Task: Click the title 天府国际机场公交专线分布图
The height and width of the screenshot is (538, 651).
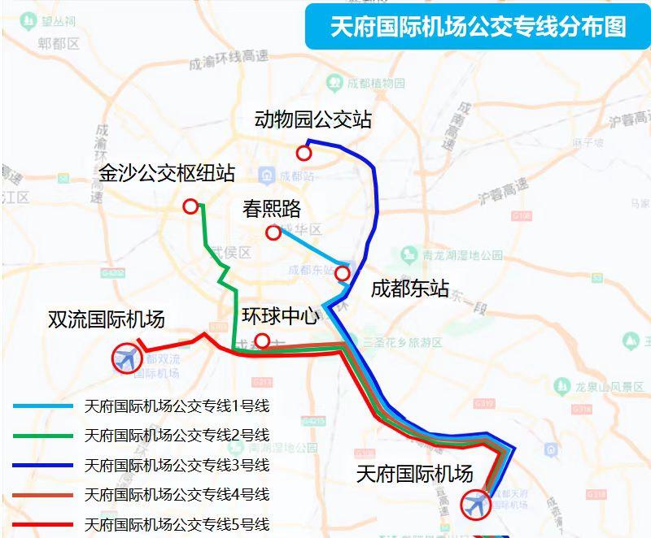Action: (x=478, y=26)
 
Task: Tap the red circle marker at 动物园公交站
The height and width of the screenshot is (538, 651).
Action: (x=304, y=153)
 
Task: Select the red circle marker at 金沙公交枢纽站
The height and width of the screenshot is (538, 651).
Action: (x=190, y=206)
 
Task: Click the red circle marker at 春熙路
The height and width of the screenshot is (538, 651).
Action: (x=273, y=233)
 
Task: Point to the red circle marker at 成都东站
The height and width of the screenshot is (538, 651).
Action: (x=343, y=274)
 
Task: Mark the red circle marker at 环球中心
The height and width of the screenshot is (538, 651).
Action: (x=262, y=341)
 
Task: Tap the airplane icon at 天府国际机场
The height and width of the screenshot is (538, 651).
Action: (x=474, y=505)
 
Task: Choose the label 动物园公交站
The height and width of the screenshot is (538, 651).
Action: (x=312, y=119)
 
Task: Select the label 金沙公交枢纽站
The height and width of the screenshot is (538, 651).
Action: (x=167, y=173)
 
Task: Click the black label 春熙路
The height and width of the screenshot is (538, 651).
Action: (x=272, y=209)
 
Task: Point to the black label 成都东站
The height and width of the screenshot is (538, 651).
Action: (x=409, y=289)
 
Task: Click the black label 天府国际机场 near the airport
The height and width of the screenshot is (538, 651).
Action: (x=414, y=474)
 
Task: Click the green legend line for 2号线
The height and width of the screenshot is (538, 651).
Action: (x=44, y=436)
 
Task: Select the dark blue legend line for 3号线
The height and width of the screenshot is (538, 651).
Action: (x=44, y=466)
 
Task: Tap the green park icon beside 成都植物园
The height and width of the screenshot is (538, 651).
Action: (x=334, y=83)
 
